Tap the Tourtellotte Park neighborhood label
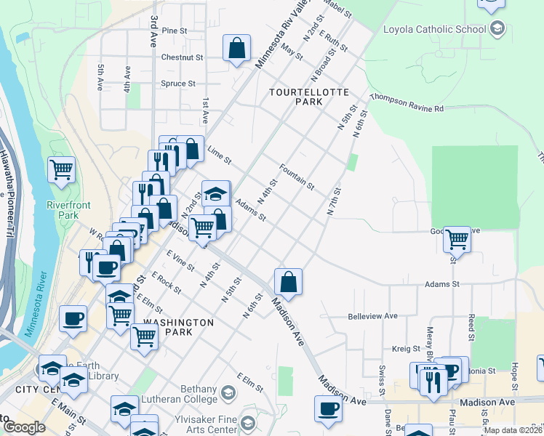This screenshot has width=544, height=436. click(308, 97)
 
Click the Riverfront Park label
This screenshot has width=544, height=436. click(68, 210)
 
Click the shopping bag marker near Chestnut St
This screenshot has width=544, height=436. click(237, 49)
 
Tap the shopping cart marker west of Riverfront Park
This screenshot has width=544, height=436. click(62, 170)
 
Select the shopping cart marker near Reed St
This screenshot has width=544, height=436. click(457, 238)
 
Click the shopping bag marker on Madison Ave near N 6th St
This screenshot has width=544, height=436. click(289, 282)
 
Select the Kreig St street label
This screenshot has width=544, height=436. click(407, 349)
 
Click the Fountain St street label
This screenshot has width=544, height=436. click(296, 176)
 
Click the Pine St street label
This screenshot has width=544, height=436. click(175, 31)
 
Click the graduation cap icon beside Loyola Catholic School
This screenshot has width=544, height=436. click(497, 29)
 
